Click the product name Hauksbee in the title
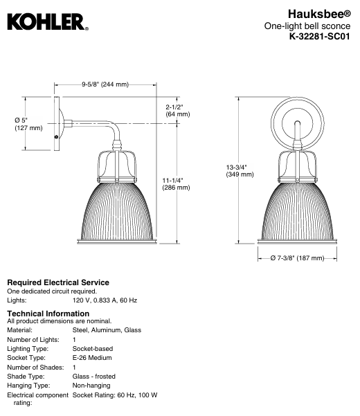coord(316,13)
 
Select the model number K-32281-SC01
coord(318,38)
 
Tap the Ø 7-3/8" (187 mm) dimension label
coord(298,257)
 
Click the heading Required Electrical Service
coord(57,282)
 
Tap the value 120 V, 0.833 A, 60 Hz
coord(105,300)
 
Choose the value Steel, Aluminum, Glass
coord(107,330)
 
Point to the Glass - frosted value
coord(94,376)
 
